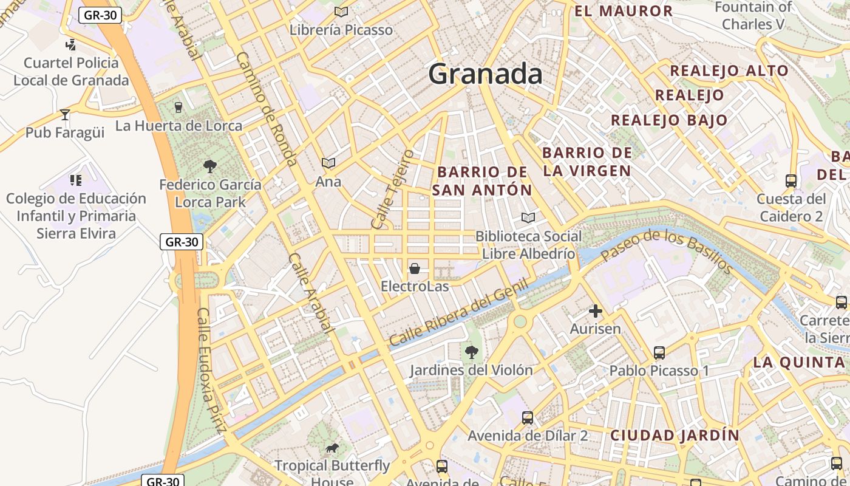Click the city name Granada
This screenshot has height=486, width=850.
click(x=485, y=74)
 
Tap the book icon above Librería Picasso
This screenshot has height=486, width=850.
click(x=341, y=12)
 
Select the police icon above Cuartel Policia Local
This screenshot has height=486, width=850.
click(x=71, y=44)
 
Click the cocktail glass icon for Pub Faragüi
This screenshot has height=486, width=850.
click(x=65, y=114)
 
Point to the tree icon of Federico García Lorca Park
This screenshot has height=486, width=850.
click(x=210, y=166)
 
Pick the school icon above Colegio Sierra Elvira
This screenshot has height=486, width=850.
click(x=76, y=180)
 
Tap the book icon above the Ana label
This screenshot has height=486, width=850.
click(x=328, y=163)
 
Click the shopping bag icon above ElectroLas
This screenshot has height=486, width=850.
click(x=415, y=268)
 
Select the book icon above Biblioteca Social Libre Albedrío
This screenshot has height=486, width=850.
click(x=528, y=217)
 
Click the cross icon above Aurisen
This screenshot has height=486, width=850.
click(x=596, y=311)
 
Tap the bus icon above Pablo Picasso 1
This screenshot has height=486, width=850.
click(x=659, y=352)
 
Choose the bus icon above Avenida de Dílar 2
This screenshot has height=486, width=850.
click(x=528, y=417)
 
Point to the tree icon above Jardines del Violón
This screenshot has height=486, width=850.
click(x=471, y=352)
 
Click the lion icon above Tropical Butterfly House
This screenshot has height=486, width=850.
click(x=331, y=448)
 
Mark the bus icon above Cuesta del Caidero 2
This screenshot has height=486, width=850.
click(x=791, y=180)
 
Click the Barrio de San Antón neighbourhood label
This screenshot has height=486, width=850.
click(x=483, y=181)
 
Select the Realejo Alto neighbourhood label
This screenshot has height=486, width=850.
click(x=729, y=70)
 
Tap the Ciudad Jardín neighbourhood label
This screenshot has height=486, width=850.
click(x=675, y=435)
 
